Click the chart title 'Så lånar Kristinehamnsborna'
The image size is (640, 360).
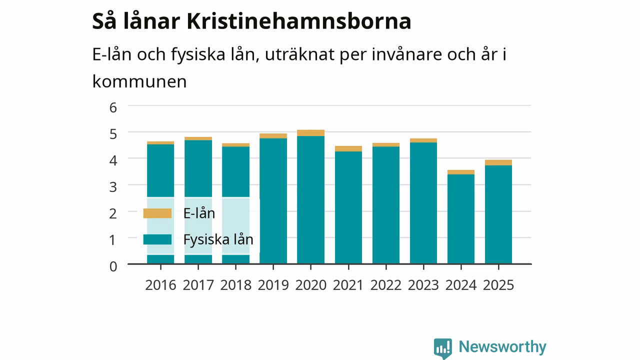pyautogui.click(x=251, y=21)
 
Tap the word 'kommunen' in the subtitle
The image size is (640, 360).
pyautogui.click(x=139, y=81)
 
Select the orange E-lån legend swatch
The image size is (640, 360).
pyautogui.click(x=157, y=213)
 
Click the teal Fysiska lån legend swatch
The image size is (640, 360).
pyautogui.click(x=157, y=239)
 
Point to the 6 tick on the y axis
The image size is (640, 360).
pyautogui.click(x=113, y=107)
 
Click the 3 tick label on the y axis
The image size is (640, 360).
pyautogui.click(x=113, y=187)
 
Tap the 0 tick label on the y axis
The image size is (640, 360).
pyautogui.click(x=113, y=266)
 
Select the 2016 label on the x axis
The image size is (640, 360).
pyautogui.click(x=160, y=285)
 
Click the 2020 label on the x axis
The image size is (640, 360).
pyautogui.click(x=311, y=285)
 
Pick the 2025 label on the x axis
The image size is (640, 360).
pyautogui.click(x=498, y=285)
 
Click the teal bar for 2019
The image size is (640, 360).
pyautogui.click(x=273, y=201)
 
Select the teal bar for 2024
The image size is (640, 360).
pyautogui.click(x=461, y=219)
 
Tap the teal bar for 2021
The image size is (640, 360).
pyautogui.click(x=348, y=207)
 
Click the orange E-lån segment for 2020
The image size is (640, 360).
pyautogui.click(x=311, y=133)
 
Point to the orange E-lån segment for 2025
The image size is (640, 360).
pyautogui.click(x=498, y=162)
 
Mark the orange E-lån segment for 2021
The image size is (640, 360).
pyautogui.click(x=348, y=148)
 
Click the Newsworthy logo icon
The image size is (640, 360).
pyautogui.click(x=443, y=348)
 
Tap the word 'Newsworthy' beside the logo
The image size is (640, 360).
pyautogui.click(x=502, y=347)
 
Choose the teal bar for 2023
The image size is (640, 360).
pyautogui.click(x=423, y=203)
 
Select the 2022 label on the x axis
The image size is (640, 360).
pyautogui.click(x=386, y=285)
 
